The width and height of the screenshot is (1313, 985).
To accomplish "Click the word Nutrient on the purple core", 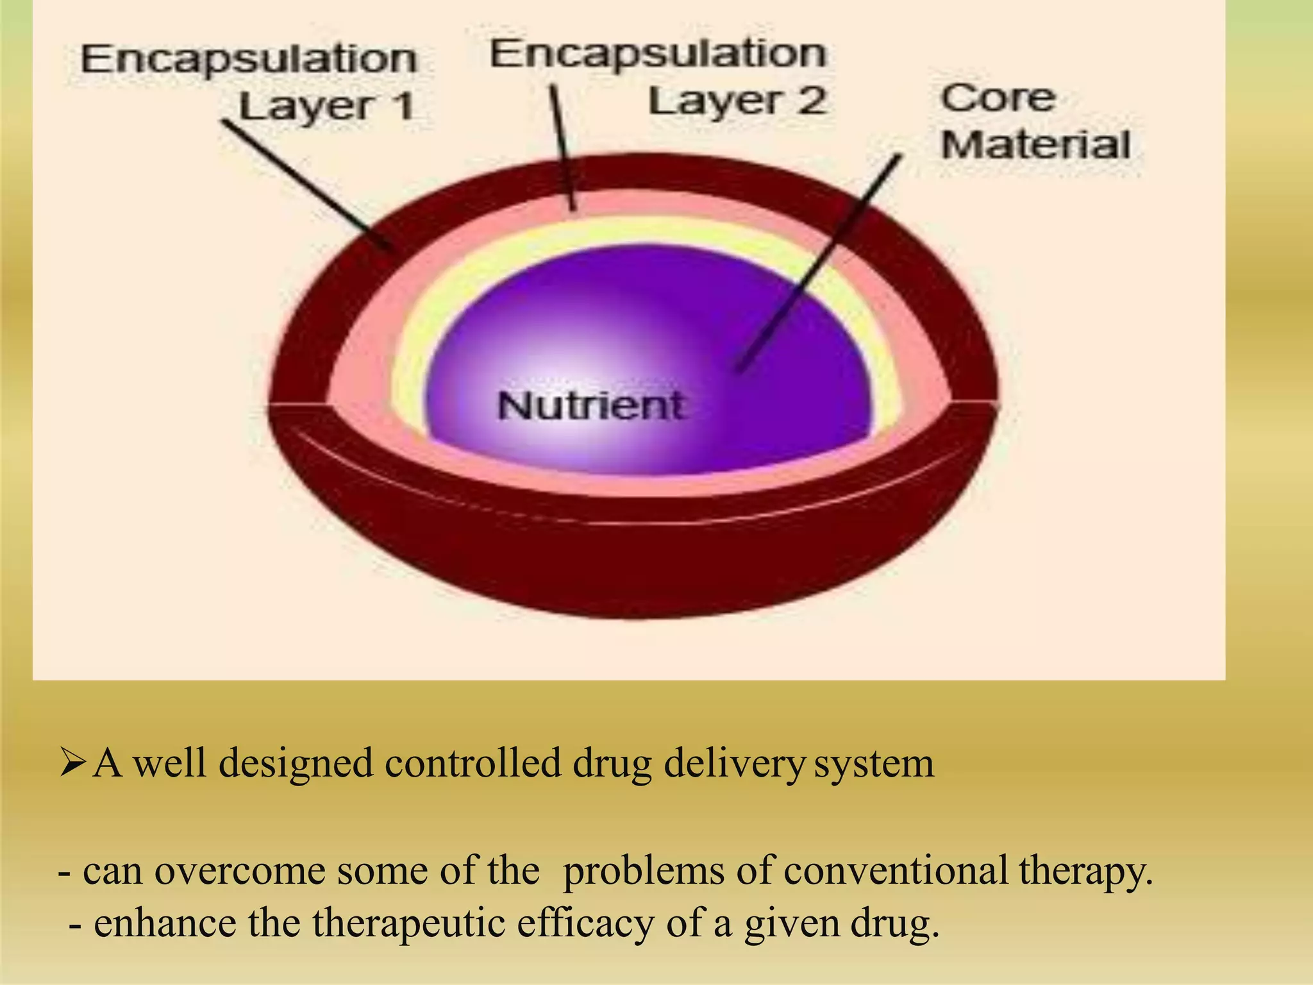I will (591, 407).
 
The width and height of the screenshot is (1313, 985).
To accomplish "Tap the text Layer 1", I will (327, 106).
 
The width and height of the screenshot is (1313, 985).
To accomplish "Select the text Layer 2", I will (737, 101).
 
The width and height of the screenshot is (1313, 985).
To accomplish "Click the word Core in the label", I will (998, 98).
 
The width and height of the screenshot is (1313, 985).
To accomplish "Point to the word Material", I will (1035, 145).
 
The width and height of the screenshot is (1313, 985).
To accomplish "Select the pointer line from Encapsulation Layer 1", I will (308, 186).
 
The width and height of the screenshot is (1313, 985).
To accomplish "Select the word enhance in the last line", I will (165, 923).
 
